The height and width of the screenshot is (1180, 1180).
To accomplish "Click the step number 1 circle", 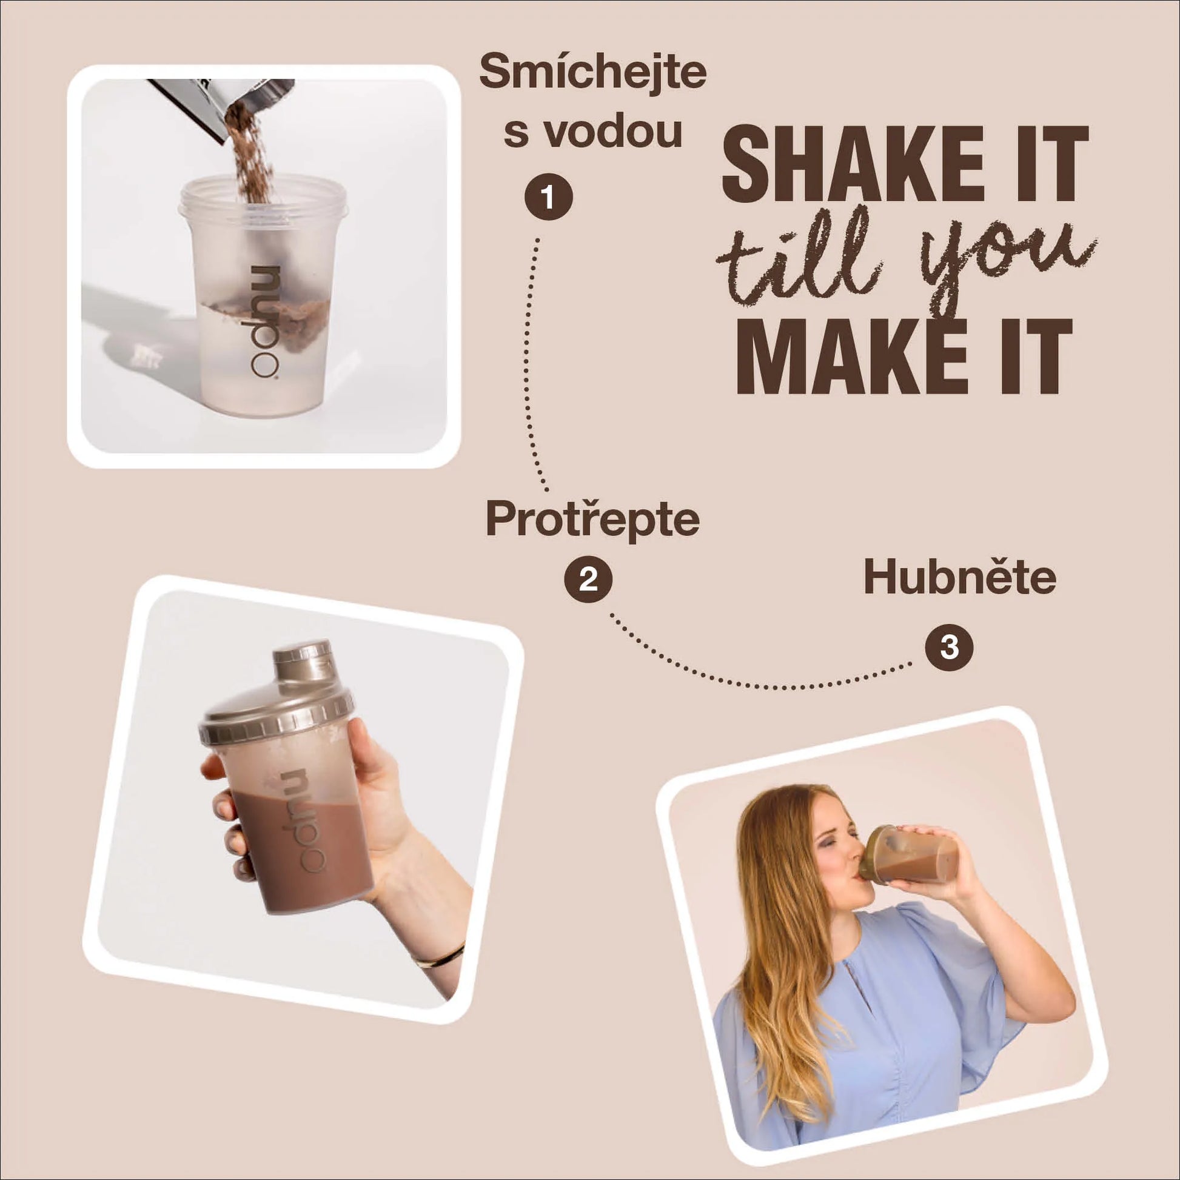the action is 548,197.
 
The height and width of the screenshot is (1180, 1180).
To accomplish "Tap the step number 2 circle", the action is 588,579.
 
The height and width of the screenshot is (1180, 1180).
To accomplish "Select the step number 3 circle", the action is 949,647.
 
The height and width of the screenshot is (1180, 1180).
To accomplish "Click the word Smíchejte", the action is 592,72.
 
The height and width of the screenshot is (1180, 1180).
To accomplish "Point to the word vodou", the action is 613,132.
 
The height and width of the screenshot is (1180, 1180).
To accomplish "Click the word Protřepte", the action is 592,519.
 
